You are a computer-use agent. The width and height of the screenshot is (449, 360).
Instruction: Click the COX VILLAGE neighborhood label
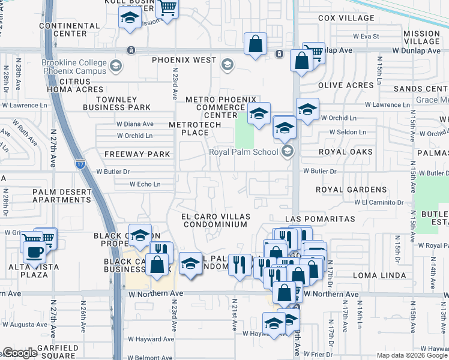point(346,18)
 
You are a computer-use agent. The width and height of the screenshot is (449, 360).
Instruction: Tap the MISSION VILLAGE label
point(422,37)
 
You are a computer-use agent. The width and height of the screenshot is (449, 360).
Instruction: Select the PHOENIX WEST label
point(184,61)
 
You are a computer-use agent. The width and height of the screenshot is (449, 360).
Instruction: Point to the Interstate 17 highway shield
point(80,164)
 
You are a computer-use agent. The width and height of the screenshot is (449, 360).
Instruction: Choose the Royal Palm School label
point(244,152)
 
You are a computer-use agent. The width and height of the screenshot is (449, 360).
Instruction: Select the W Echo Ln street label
point(145,184)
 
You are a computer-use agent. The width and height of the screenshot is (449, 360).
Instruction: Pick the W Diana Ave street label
point(135,124)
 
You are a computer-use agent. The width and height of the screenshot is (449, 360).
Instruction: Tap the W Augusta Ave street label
point(25,324)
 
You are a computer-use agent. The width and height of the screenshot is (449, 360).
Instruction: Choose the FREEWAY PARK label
point(137,154)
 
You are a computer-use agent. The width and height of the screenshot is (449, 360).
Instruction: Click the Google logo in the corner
point(20,353)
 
